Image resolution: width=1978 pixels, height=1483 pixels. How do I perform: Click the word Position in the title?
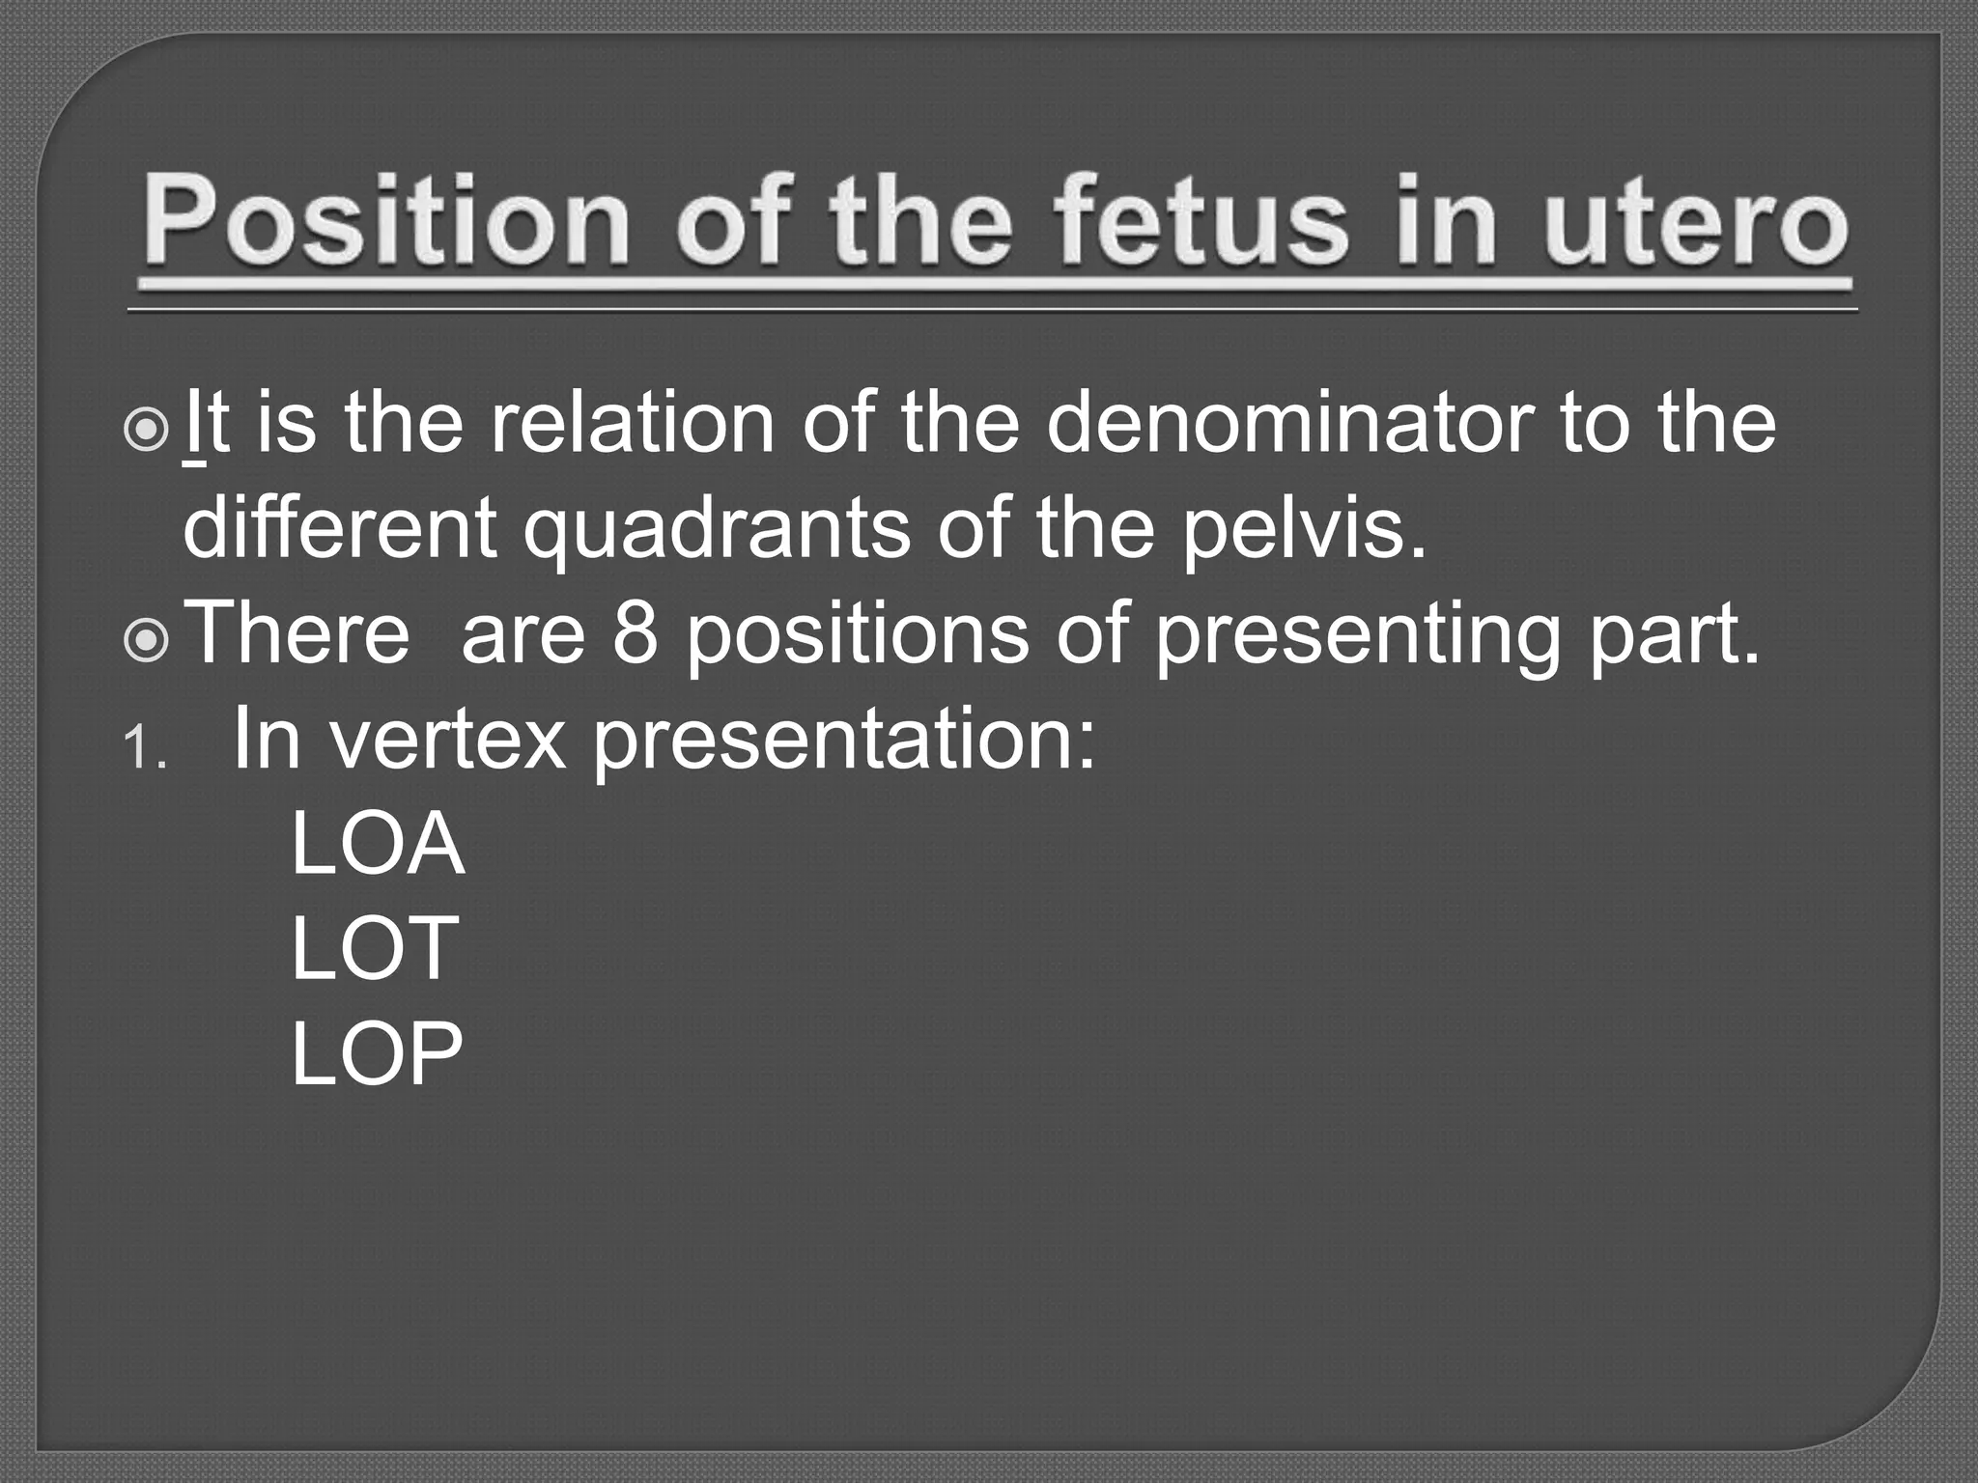coord(386,222)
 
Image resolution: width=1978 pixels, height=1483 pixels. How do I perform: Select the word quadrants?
coord(716,531)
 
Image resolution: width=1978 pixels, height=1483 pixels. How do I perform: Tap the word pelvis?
coord(1303,531)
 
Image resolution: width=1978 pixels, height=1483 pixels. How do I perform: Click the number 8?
coord(635,635)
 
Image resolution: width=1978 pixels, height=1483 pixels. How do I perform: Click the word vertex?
coord(449,740)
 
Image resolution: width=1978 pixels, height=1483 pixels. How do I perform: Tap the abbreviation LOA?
coord(377,846)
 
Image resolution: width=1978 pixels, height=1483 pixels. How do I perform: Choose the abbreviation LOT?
coord(374,950)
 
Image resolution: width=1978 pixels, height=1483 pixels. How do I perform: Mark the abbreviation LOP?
coord(377,1054)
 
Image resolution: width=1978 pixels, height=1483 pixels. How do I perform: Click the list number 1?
coord(144,747)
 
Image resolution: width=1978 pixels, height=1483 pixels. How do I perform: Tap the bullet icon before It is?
coord(147,432)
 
